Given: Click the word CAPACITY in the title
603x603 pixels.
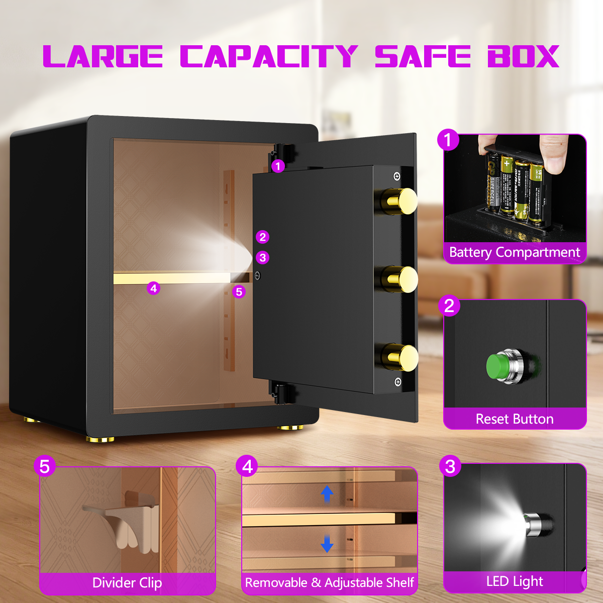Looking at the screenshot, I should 269,56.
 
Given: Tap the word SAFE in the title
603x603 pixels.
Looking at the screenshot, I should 423,56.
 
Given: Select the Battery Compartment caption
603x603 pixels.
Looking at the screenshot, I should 515,252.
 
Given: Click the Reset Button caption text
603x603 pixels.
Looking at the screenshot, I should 515,419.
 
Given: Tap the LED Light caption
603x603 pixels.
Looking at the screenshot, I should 515,581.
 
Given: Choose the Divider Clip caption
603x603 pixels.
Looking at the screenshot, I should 127,583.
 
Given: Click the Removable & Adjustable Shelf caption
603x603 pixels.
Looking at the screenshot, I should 329,583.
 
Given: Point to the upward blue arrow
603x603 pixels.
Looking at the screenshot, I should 327,494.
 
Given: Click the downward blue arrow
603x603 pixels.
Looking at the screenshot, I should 327,543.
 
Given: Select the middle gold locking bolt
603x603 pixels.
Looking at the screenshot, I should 401,279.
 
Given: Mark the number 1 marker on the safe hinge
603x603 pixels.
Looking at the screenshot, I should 278,166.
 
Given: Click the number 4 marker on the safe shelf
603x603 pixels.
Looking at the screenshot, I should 154,288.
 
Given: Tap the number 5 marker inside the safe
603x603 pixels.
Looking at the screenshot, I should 239,291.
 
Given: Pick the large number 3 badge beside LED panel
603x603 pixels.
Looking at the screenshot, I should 450,466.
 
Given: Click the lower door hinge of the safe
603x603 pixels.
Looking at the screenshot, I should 282,392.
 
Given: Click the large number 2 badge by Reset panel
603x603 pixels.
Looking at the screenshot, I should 449,306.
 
